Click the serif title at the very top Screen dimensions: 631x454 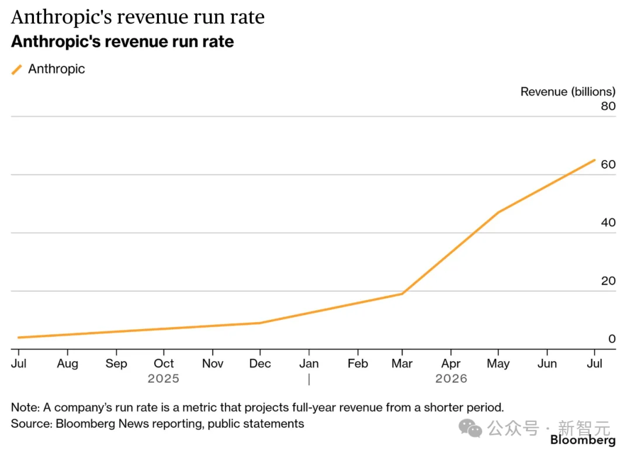pyautogui.click(x=138, y=17)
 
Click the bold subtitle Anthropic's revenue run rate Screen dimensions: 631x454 pyautogui.click(x=122, y=42)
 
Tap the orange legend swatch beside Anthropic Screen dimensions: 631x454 pyautogui.click(x=16, y=69)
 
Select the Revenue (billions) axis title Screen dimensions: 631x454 pyautogui.click(x=568, y=92)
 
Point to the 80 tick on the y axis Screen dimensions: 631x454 pyautogui.click(x=608, y=106)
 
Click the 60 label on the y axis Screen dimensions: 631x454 pyautogui.click(x=608, y=165)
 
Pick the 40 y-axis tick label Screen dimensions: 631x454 pyautogui.click(x=608, y=222)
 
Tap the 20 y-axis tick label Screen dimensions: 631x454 pyautogui.click(x=608, y=281)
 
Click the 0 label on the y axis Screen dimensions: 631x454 pyautogui.click(x=612, y=338)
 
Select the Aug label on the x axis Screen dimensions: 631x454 pyautogui.click(x=68, y=364)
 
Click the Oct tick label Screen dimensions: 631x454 pyautogui.click(x=164, y=364)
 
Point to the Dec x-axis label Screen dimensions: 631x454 pyautogui.click(x=260, y=364)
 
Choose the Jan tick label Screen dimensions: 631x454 pyautogui.click(x=308, y=364)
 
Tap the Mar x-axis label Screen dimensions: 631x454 pyautogui.click(x=402, y=364)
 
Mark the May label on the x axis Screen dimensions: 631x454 pyautogui.click(x=498, y=364)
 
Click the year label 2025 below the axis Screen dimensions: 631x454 pyautogui.click(x=164, y=379)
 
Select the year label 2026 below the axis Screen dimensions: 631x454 pyautogui.click(x=451, y=379)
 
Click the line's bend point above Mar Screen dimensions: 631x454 pyautogui.click(x=402, y=294)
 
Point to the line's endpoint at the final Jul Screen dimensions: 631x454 pyautogui.click(x=594, y=160)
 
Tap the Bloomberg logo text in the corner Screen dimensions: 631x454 pyautogui.click(x=583, y=440)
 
